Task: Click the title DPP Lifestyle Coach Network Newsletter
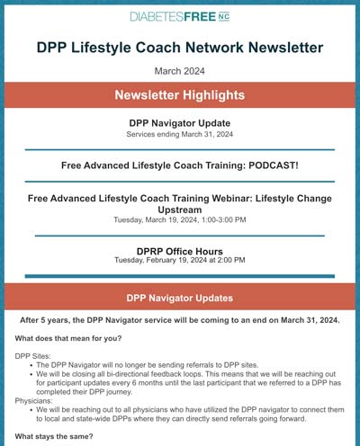click(x=180, y=47)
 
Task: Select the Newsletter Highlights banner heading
click(x=180, y=95)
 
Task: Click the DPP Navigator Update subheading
click(x=180, y=122)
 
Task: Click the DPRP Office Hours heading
click(x=180, y=251)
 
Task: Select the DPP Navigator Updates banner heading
click(x=180, y=298)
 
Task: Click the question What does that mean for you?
click(x=67, y=338)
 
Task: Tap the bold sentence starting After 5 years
click(x=180, y=320)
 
